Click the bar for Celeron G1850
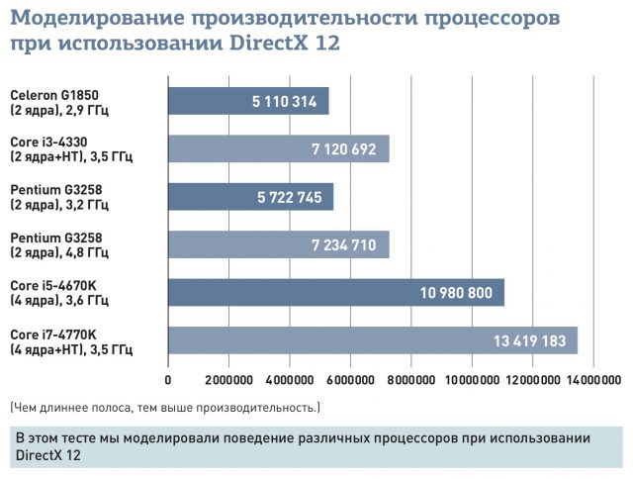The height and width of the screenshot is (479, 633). click(247, 101)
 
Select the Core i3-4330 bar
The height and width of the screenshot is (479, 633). click(278, 148)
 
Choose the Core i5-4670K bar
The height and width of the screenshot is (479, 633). click(336, 292)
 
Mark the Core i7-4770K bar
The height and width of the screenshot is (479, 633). click(372, 340)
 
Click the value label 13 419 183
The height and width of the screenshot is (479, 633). click(529, 341)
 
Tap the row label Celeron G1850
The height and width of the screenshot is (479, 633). click(54, 94)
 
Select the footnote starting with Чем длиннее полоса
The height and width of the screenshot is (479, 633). click(164, 407)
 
